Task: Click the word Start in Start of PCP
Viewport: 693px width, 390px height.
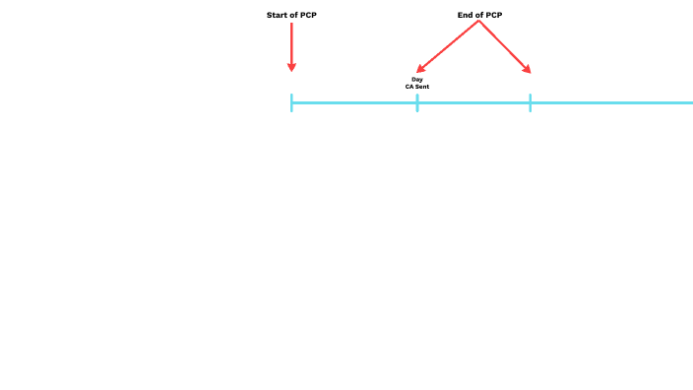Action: (x=278, y=16)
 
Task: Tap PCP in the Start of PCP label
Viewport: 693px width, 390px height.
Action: (x=308, y=16)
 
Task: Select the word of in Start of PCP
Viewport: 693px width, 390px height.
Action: (x=294, y=16)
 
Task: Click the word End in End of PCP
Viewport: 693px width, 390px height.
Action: (x=465, y=16)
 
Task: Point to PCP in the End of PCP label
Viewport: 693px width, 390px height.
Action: (x=493, y=16)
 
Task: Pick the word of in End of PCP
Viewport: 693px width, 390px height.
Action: (x=479, y=16)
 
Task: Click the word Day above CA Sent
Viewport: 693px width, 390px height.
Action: (x=417, y=79)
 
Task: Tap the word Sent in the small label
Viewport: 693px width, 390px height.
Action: (x=422, y=87)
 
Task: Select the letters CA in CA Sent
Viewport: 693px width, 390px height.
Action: (x=409, y=87)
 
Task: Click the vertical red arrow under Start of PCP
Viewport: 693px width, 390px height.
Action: (x=291, y=43)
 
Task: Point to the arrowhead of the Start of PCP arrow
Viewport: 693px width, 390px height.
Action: (x=291, y=67)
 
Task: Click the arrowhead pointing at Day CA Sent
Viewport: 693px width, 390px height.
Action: (x=421, y=69)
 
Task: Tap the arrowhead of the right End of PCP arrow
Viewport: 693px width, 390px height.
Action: (x=528, y=70)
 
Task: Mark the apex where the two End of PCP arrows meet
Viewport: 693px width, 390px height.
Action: (x=479, y=23)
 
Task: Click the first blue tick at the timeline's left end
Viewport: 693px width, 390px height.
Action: (x=291, y=102)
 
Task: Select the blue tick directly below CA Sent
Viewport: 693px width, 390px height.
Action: (x=417, y=102)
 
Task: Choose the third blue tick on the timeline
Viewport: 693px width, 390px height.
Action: (x=530, y=102)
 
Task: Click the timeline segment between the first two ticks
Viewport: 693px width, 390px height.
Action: (x=354, y=102)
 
